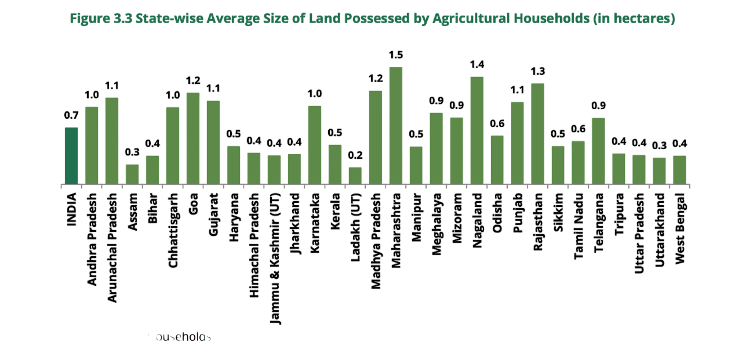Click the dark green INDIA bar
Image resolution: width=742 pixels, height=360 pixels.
[x=71, y=156]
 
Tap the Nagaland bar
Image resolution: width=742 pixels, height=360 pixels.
[x=477, y=130]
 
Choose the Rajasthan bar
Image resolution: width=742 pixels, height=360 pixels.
[x=538, y=134]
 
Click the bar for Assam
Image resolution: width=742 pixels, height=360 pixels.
[x=132, y=174]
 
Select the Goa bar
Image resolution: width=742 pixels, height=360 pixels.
[x=193, y=139]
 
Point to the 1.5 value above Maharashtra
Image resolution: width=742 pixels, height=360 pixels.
[x=396, y=55]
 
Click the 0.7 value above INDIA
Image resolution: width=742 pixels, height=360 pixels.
[x=71, y=115]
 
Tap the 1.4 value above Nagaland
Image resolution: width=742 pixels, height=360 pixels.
[x=477, y=64]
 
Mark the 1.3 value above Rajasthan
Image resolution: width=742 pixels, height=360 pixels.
[x=538, y=71]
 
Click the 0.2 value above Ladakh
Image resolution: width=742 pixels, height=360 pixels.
[x=355, y=155]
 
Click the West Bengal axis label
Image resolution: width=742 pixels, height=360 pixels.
[x=680, y=229]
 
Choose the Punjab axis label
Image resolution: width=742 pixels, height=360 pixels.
[x=518, y=214]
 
